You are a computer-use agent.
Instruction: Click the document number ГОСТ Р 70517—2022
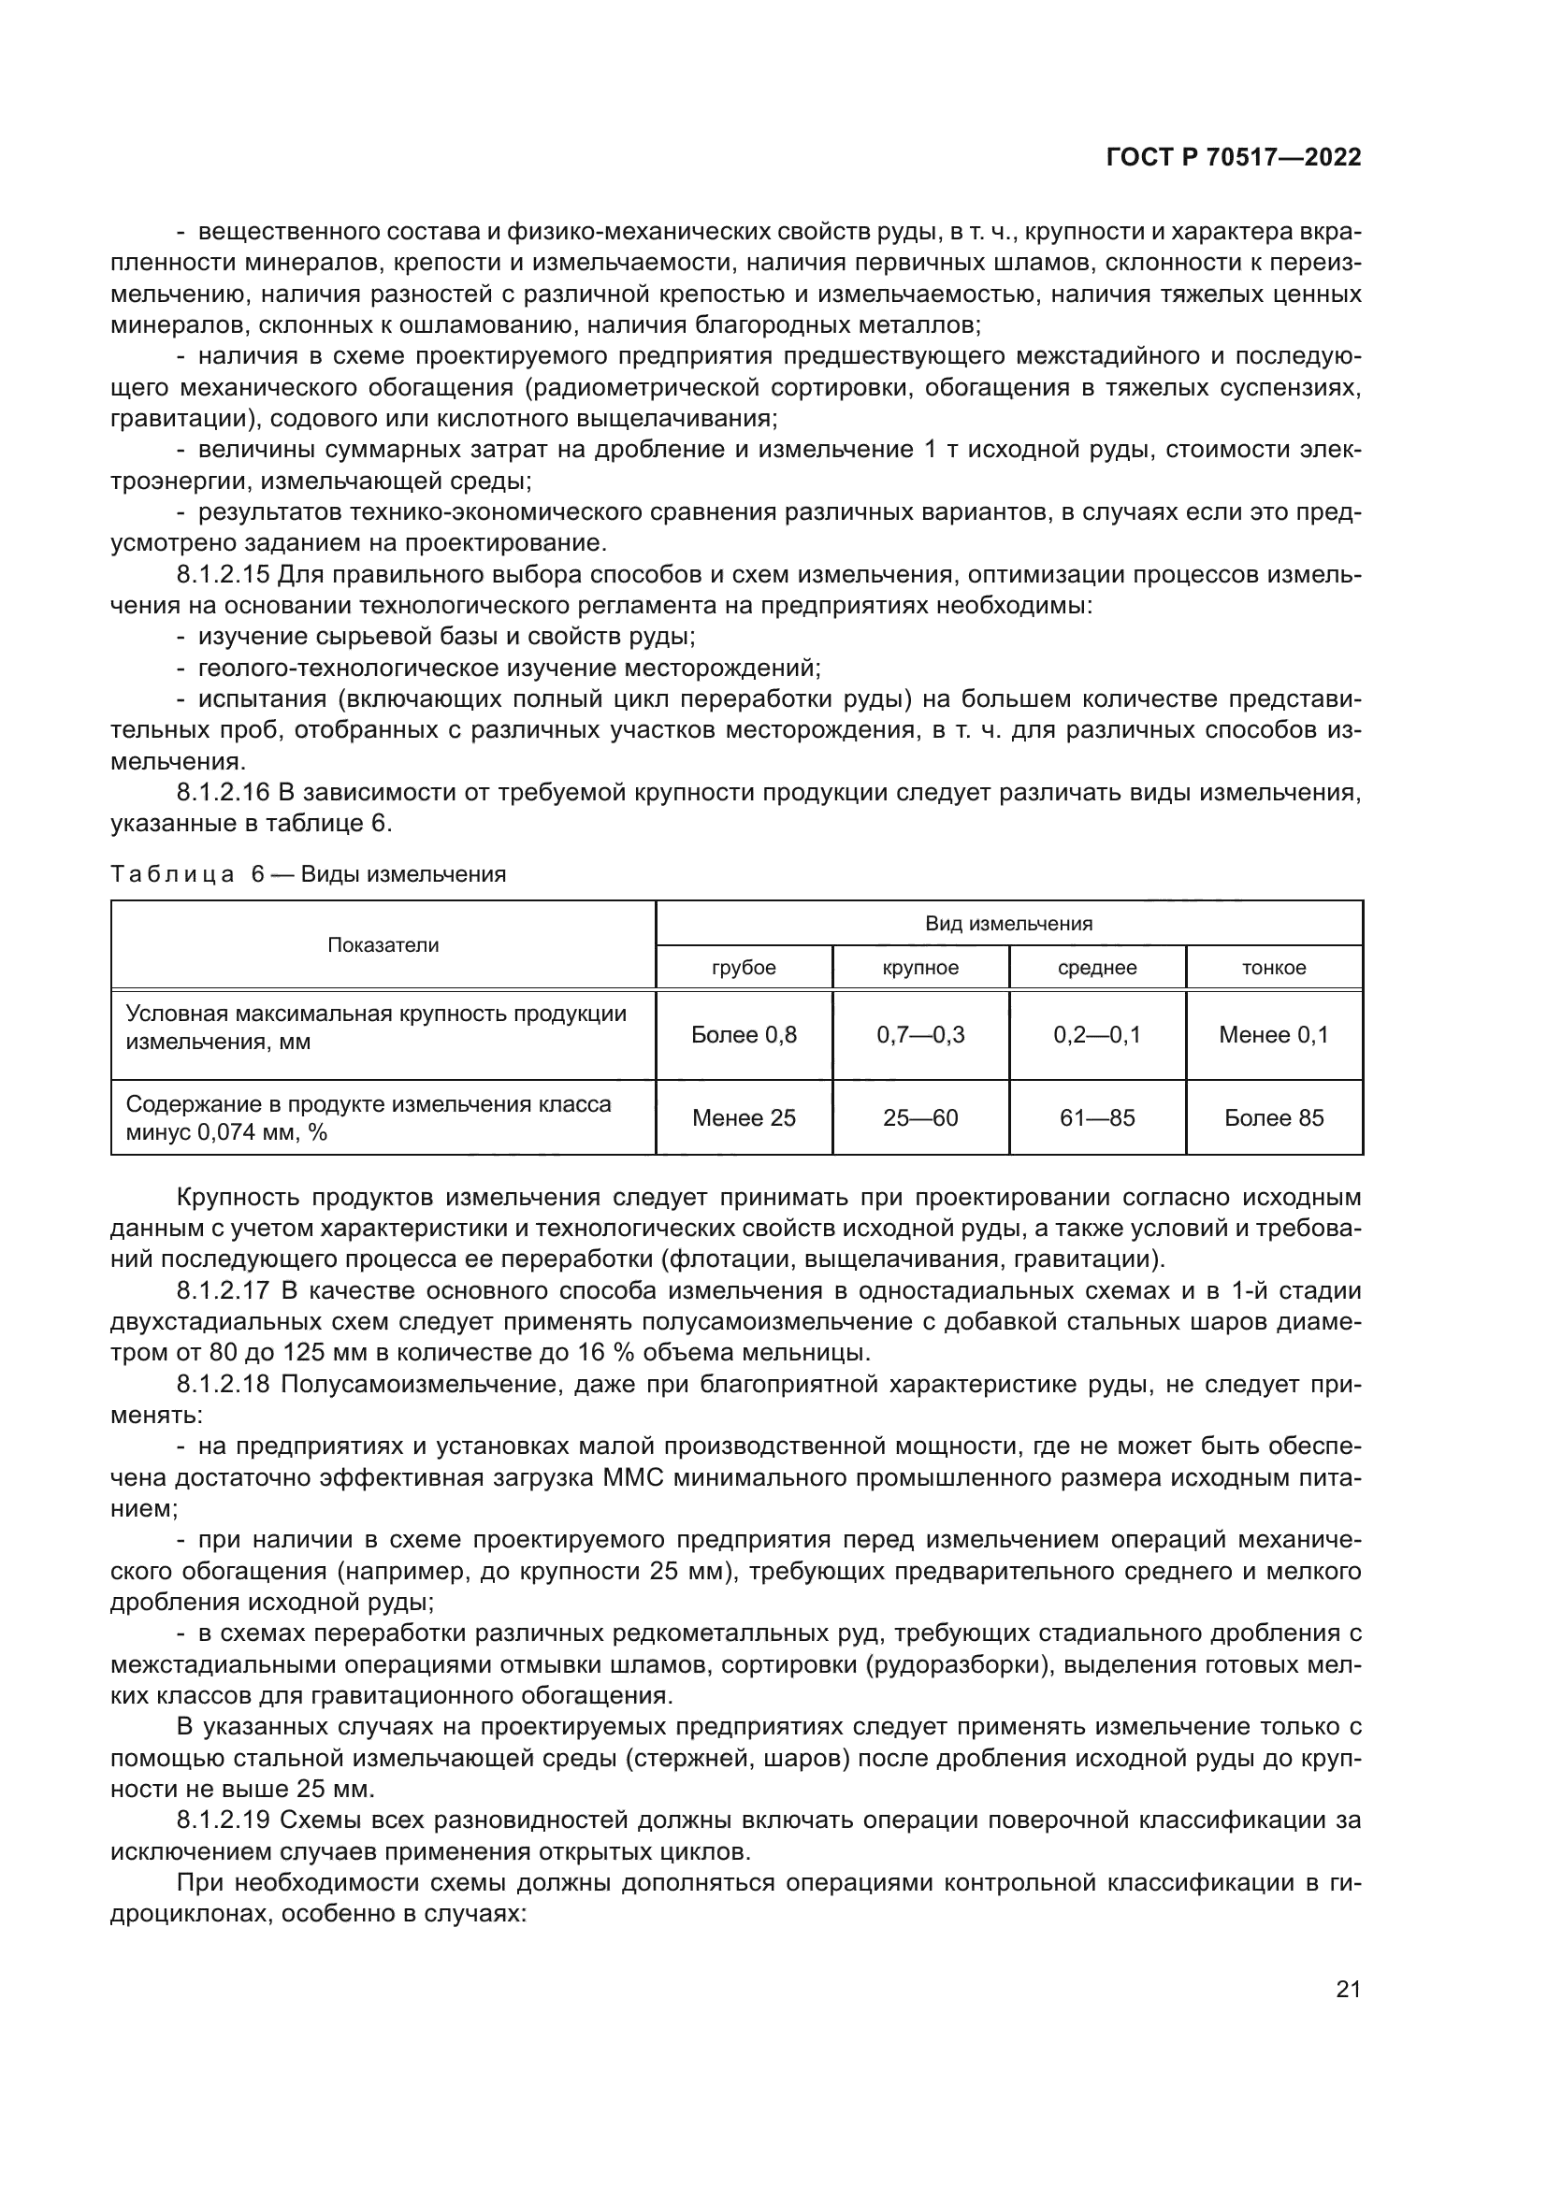[1234, 158]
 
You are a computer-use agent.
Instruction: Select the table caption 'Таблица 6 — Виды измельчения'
[308, 874]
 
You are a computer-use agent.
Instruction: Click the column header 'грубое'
[744, 968]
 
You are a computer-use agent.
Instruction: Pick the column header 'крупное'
[920, 968]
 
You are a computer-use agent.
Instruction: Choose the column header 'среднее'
[1097, 968]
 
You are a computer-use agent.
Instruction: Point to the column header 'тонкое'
[1274, 968]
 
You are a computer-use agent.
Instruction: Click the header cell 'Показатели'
[383, 945]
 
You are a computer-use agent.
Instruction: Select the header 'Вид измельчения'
[1009, 923]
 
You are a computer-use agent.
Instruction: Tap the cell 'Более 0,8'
[744, 1034]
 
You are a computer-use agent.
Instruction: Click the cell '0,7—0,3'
[920, 1034]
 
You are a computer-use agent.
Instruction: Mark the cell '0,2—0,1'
[1097, 1034]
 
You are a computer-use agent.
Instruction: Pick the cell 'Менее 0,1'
[1274, 1034]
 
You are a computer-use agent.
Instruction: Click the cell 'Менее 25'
[744, 1117]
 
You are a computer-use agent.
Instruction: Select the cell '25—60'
[920, 1117]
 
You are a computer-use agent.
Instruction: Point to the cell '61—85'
[1097, 1117]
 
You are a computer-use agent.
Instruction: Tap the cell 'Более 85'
[1274, 1117]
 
